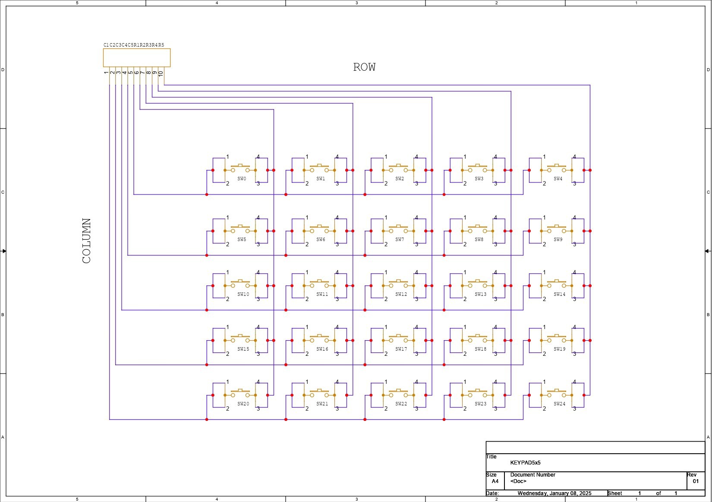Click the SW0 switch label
coord(242,179)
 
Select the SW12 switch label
coord(401,294)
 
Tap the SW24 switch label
coord(559,404)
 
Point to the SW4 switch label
coord(558,179)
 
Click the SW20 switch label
coord(243,404)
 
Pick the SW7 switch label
coord(400,239)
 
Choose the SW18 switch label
coord(480,349)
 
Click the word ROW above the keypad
coord(364,67)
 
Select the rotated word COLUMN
coord(86,241)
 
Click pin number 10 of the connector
coord(161,73)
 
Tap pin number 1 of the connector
coord(106,72)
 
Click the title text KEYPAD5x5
coord(525,463)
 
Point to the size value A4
coord(495,481)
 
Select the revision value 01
coord(696,481)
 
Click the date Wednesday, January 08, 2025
coord(554,493)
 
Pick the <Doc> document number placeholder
coord(518,481)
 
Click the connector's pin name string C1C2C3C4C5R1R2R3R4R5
coord(134,45)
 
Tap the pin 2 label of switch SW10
coord(227,299)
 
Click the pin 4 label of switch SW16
coord(337,327)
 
